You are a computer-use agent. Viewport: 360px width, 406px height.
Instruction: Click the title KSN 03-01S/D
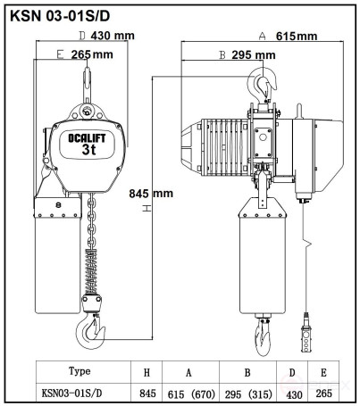point(60,16)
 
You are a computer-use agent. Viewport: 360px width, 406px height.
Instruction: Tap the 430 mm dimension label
point(113,36)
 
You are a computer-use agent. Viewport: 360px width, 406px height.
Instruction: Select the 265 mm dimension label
point(92,54)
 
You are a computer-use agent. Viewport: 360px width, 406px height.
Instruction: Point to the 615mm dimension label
point(297,36)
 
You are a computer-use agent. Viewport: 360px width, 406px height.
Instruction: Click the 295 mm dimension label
point(254,55)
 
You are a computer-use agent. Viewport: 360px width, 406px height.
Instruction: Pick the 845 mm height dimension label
point(151,194)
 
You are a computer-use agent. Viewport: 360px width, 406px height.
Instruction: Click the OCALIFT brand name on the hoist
point(87,138)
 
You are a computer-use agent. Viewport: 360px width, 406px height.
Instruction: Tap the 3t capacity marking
point(88,149)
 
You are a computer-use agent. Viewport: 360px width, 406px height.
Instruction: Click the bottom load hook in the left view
point(90,331)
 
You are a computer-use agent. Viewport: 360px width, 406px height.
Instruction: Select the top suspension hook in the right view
point(262,83)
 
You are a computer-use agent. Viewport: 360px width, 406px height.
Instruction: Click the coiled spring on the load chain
point(91,271)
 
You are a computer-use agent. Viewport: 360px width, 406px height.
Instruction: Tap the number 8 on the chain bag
point(58,205)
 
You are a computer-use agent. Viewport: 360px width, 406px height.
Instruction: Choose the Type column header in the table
point(80,371)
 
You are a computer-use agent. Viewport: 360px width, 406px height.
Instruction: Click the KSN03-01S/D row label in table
point(71,394)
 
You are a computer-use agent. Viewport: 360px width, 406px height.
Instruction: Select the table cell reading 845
point(147,394)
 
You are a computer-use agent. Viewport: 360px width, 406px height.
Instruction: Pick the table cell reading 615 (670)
point(191,394)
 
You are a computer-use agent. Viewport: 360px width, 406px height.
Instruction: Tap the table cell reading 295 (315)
point(248,394)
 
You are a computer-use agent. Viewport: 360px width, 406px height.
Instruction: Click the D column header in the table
point(292,373)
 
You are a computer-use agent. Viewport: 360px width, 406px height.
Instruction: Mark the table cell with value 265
point(323,394)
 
